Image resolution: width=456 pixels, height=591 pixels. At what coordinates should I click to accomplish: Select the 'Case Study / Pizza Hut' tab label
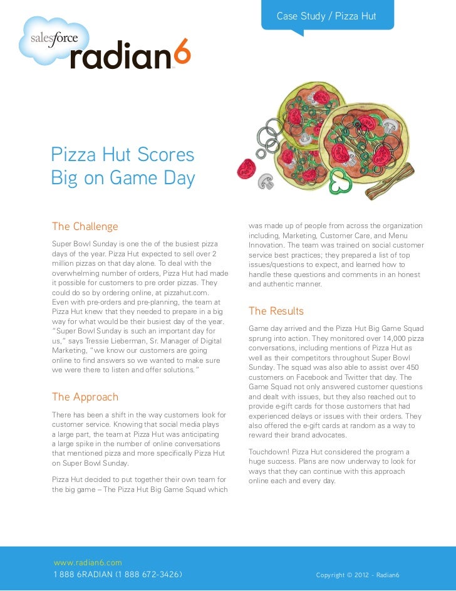[x=326, y=15]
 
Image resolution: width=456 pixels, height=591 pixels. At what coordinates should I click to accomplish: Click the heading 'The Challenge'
[x=85, y=226]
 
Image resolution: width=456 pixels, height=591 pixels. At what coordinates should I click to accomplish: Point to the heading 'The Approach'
[x=85, y=397]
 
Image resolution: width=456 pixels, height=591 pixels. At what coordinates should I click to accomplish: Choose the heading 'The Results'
[x=276, y=311]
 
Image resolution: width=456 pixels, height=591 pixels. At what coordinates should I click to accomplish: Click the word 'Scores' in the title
[x=164, y=154]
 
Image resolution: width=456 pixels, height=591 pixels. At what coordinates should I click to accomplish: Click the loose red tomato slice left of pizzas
[x=246, y=167]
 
